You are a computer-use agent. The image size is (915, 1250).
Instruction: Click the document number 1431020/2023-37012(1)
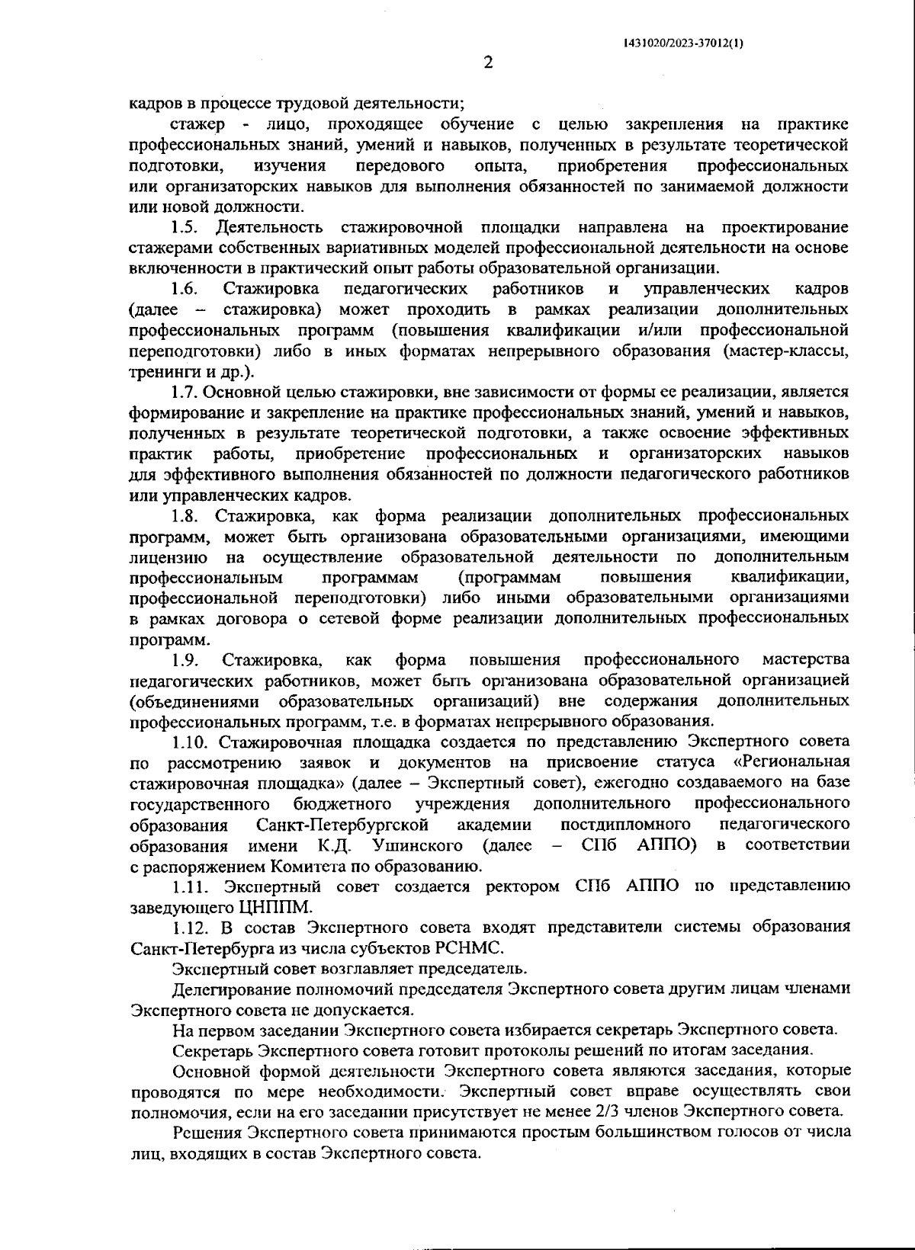pos(683,43)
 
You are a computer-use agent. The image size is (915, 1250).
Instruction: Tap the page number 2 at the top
pos(488,63)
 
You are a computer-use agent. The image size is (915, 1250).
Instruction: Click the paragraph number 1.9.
pos(185,659)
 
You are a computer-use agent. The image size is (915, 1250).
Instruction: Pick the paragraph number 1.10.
pos(189,742)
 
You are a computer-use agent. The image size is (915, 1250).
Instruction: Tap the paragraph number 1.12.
pos(189,928)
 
